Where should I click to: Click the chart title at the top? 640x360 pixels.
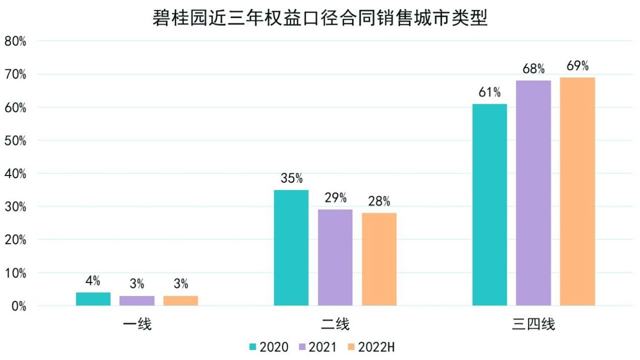320,19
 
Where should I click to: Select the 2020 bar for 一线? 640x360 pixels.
93,299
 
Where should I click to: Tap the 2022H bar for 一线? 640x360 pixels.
181,301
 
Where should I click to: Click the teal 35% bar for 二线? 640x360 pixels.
291,248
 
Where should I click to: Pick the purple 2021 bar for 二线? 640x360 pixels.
335,258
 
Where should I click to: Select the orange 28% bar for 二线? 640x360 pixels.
379,259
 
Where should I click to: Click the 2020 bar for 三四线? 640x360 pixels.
490,205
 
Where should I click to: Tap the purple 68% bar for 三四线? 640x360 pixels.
534,193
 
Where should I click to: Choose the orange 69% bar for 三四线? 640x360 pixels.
577,192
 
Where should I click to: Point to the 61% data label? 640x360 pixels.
490,93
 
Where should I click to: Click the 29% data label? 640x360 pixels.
335,198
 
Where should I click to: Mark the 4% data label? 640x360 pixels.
93,281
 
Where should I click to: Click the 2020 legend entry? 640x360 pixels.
269,347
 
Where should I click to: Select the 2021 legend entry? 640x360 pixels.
317,347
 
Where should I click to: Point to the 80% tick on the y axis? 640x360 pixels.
16,41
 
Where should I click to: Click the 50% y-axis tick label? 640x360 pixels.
16,140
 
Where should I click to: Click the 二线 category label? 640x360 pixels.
335,325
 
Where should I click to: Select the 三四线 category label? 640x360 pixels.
534,325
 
